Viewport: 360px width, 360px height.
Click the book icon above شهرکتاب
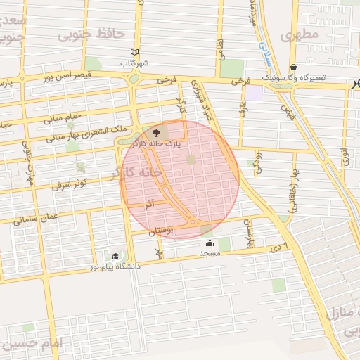[x=134, y=52]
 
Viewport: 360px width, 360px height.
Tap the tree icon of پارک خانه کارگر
[x=156, y=132]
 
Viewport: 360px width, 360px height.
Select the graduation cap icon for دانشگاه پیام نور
[x=115, y=257]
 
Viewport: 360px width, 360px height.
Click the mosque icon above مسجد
[x=210, y=243]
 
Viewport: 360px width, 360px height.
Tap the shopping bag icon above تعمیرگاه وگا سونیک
[x=293, y=67]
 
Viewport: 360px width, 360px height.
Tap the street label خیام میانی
[x=64, y=117]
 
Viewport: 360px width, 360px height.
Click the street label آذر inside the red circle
[x=149, y=205]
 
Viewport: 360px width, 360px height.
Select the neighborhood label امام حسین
[x=32, y=344]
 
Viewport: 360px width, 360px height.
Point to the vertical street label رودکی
[x=258, y=162]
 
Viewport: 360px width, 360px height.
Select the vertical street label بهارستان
[x=247, y=230]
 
